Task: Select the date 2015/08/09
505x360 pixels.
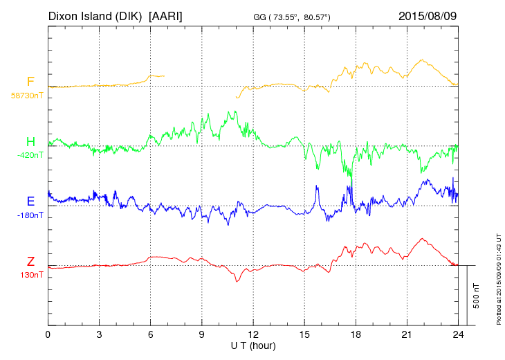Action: point(428,15)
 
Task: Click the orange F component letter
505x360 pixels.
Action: point(30,82)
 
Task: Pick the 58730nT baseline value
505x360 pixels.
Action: point(27,96)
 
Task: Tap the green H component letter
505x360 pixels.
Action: point(30,142)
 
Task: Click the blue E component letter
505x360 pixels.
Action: point(30,201)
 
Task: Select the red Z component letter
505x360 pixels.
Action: point(30,262)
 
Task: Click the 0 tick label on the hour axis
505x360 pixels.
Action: point(48,334)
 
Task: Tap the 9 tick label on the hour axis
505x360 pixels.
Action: point(202,334)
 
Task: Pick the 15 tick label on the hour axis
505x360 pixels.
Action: point(304,334)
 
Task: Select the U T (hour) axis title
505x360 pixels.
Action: point(253,345)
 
